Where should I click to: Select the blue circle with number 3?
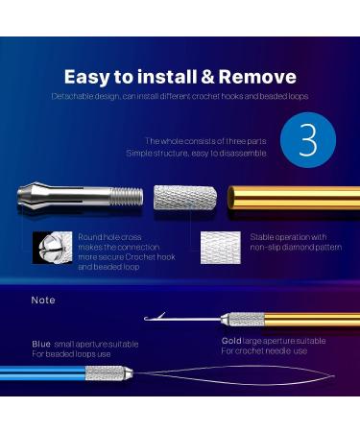pos(308,140)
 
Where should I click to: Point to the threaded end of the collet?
pos(127,196)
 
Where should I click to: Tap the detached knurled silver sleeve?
pos(185,198)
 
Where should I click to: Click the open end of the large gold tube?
pos(231,198)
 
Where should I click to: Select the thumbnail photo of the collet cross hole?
pos(52,248)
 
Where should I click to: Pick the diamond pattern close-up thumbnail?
pos(221,248)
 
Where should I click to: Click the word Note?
pos(43,300)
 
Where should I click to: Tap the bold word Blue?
pos(41,344)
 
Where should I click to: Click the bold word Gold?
pos(231,341)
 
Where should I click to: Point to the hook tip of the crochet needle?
pos(146,319)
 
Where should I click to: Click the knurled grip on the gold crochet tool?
pos(246,319)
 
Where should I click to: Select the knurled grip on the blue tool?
pos(105,373)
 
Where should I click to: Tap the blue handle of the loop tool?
pos(42,373)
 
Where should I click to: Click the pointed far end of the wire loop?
pos(334,376)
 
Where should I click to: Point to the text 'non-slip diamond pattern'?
pos(296,247)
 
